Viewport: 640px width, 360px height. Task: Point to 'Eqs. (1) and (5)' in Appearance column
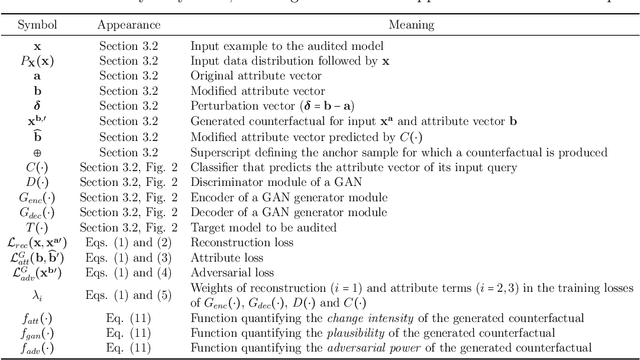(x=129, y=297)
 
